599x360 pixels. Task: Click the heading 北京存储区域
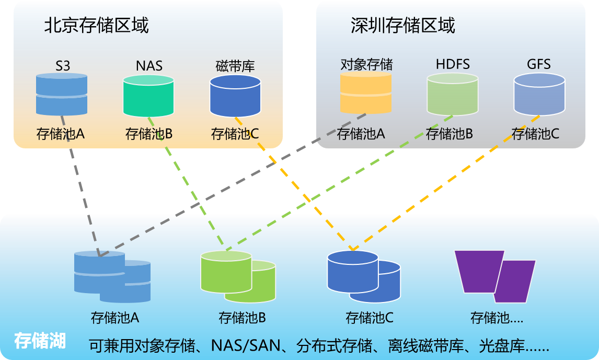click(x=96, y=25)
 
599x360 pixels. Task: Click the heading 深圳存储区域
click(x=402, y=25)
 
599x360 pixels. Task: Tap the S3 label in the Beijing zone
click(x=63, y=65)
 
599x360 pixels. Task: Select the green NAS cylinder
click(x=148, y=96)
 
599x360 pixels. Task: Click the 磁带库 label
click(x=235, y=66)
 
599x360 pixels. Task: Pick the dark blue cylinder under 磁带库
click(x=235, y=96)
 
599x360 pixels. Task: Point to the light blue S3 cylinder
click(x=62, y=94)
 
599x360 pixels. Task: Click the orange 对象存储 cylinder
click(x=365, y=92)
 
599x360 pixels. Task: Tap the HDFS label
click(x=453, y=64)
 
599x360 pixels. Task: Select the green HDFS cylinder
click(x=452, y=94)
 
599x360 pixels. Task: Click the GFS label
click(x=539, y=64)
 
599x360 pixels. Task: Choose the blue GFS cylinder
click(x=539, y=94)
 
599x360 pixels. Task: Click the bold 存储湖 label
click(x=40, y=341)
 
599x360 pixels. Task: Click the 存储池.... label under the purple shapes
click(x=497, y=317)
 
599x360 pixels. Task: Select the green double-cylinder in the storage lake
click(x=236, y=276)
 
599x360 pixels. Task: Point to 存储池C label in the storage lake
click(x=370, y=317)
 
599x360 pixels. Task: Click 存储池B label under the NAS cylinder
click(x=149, y=134)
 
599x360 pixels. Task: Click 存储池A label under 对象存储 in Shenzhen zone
click(x=361, y=134)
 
